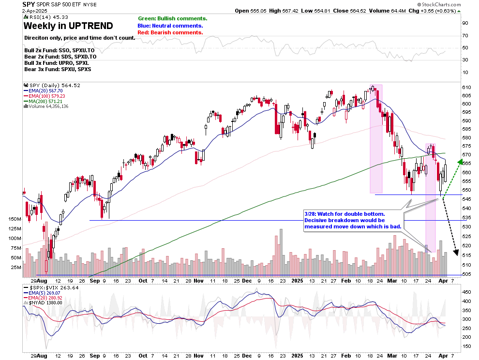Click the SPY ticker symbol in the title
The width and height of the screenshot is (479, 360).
click(29, 4)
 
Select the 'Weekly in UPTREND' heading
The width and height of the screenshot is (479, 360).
click(68, 26)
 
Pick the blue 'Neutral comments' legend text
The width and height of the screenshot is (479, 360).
click(170, 26)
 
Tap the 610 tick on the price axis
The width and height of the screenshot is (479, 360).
click(467, 87)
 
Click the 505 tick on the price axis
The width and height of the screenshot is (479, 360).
click(467, 274)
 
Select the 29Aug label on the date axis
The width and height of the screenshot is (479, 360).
click(39, 280)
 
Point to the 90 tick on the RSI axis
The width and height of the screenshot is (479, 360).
click(464, 23)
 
